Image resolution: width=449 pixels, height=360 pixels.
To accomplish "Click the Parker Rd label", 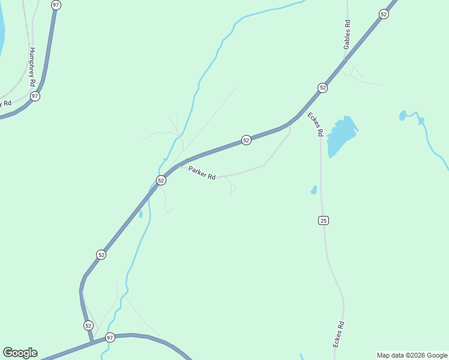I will pyautogui.click(x=202, y=173).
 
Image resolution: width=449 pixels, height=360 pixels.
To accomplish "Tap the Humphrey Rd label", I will pyautogui.click(x=32, y=67).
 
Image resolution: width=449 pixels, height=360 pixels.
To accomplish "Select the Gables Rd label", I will pyautogui.click(x=347, y=34).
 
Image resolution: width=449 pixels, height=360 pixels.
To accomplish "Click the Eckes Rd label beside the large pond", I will pyautogui.click(x=315, y=124).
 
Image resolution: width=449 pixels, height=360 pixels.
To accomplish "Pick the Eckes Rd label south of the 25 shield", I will pyautogui.click(x=339, y=335).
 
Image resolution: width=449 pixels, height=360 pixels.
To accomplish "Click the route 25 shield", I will pyautogui.click(x=324, y=221).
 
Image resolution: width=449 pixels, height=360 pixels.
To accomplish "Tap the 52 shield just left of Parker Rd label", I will pyautogui.click(x=161, y=180).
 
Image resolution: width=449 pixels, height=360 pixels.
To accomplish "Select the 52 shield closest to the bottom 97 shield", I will pyautogui.click(x=89, y=325).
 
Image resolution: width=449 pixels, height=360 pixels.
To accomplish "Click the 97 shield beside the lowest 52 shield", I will pyautogui.click(x=110, y=337).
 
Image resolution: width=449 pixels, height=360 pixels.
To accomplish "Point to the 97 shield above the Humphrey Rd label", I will pyautogui.click(x=56, y=5).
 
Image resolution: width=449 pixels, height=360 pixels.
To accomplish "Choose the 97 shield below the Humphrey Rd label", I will pyautogui.click(x=35, y=96).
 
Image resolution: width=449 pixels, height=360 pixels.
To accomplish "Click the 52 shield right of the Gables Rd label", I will pyautogui.click(x=384, y=14).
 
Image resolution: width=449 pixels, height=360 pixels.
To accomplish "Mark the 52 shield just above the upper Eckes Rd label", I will pyautogui.click(x=323, y=88).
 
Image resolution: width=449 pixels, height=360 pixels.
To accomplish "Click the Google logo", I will pyautogui.click(x=20, y=353).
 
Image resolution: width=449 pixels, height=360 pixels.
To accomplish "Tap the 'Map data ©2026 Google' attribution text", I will pyautogui.click(x=412, y=355).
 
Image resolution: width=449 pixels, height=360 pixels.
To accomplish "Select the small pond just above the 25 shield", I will pyautogui.click(x=313, y=190).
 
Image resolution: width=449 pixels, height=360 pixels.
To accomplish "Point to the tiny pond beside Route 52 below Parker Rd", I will pyautogui.click(x=140, y=214).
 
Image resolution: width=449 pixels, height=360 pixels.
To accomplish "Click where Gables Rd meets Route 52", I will pyautogui.click(x=345, y=58).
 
